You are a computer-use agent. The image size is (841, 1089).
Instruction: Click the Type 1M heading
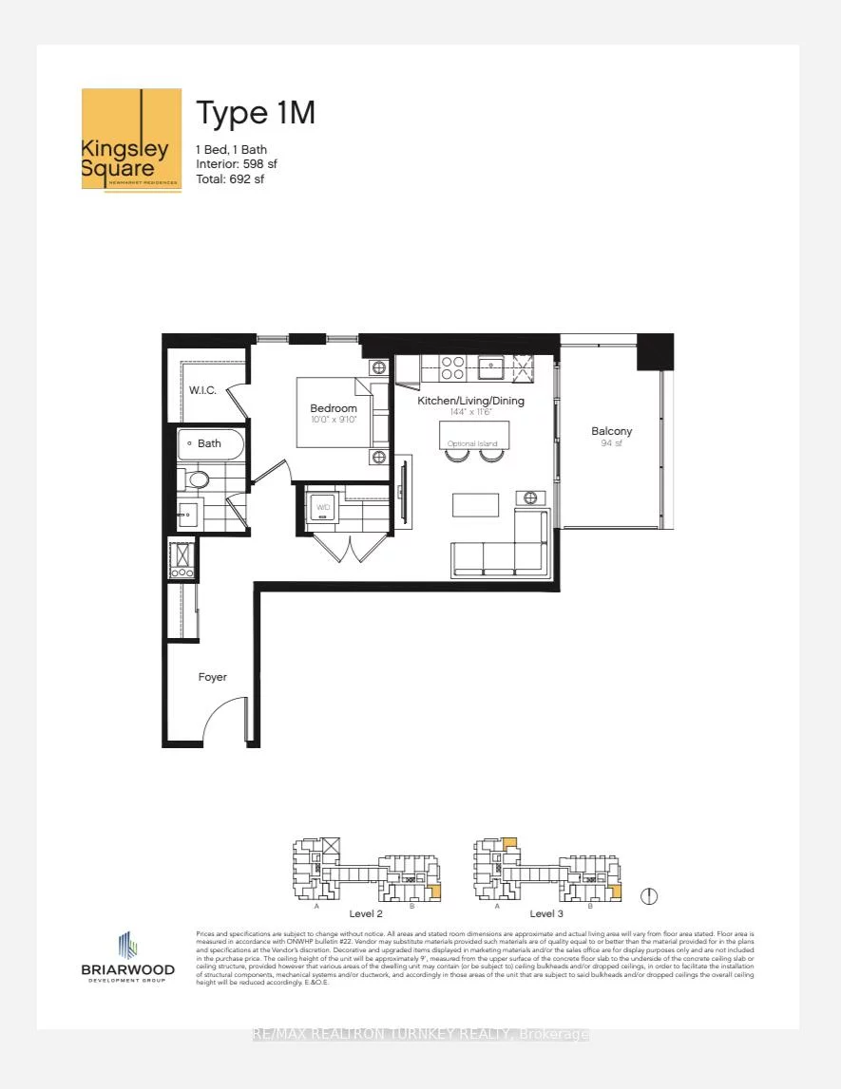point(255,113)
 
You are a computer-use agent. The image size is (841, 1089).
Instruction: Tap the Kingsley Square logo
point(131,139)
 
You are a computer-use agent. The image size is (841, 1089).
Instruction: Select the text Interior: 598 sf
point(237,164)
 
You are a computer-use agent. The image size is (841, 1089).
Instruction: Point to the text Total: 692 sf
point(230,178)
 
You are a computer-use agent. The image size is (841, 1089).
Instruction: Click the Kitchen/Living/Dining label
point(471,401)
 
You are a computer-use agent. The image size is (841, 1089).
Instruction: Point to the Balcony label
point(611,431)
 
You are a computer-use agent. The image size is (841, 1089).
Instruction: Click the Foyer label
point(212,677)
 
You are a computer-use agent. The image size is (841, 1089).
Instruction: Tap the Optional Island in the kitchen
point(474,436)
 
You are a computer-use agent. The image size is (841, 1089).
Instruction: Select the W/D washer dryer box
point(324,506)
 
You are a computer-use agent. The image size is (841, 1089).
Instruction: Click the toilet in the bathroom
point(196,479)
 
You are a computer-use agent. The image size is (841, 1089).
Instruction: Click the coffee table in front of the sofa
point(475,504)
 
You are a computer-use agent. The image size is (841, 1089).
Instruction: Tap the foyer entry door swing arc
point(226,719)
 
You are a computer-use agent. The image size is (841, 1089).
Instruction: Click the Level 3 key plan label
point(547,913)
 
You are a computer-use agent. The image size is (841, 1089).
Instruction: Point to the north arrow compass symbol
point(650,895)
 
